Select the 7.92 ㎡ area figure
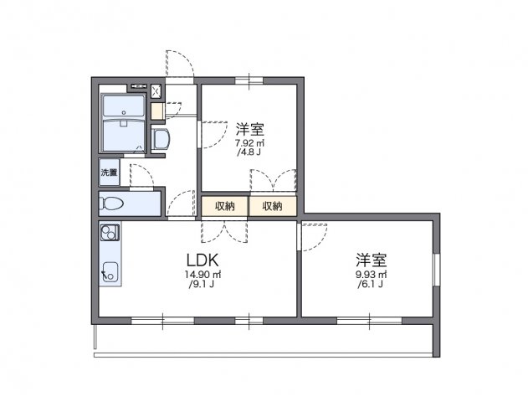click(249, 143)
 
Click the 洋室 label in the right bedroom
click(369, 260)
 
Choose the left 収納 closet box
click(224, 206)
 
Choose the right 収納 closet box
click(272, 206)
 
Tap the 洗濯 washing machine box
click(110, 173)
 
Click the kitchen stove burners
click(109, 234)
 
